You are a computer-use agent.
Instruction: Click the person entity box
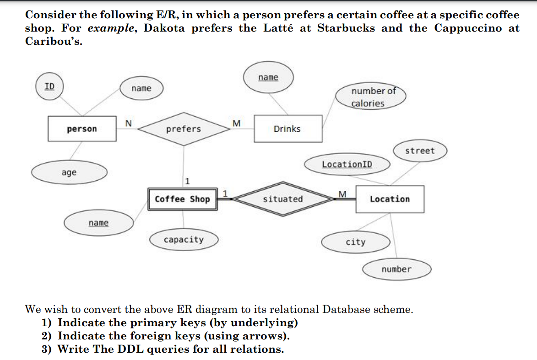pos(82,129)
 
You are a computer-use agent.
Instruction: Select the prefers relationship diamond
pos(184,129)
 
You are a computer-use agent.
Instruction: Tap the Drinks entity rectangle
pos(287,129)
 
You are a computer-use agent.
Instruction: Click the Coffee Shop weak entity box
pos(183,199)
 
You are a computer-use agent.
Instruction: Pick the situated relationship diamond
pos(283,199)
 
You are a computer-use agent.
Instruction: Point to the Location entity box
pos(390,199)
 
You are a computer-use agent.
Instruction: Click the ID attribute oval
pos(49,86)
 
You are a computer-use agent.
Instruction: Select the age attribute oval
pos(69,172)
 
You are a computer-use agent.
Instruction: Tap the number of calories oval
pos(370,97)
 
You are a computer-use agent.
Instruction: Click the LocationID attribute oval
pos(347,164)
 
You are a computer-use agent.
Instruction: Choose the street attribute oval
pos(419,151)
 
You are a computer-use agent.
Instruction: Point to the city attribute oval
pos(356,242)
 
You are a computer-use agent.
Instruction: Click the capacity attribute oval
pos(184,239)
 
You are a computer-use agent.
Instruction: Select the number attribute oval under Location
pos(396,269)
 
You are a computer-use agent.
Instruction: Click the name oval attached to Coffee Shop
pos(99,223)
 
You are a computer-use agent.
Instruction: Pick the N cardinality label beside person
pos(129,123)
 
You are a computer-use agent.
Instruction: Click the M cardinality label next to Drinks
pos(236,123)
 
